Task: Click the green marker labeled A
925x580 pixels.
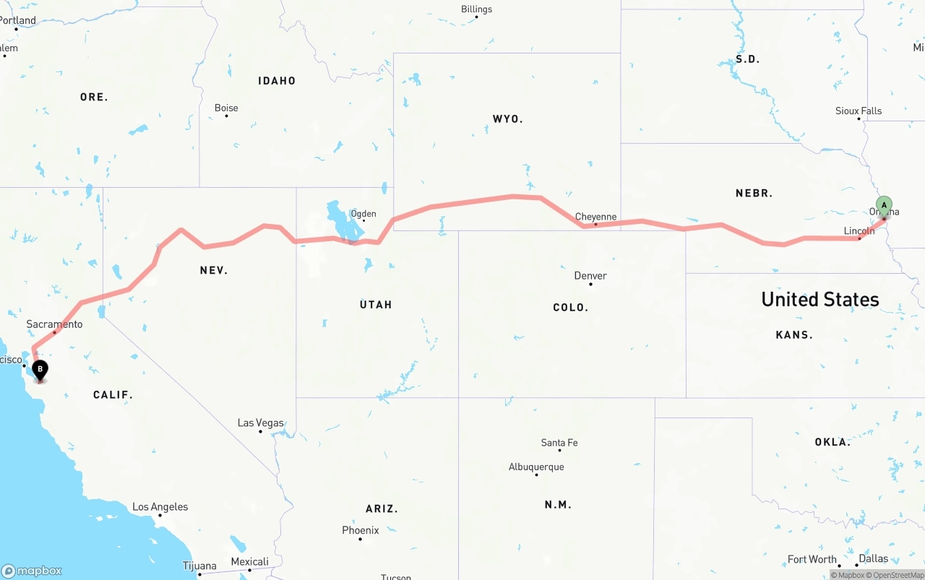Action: [x=884, y=205]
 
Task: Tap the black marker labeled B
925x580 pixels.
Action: [x=40, y=370]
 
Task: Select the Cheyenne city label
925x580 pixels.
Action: [x=595, y=217]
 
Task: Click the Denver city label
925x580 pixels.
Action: [x=590, y=275]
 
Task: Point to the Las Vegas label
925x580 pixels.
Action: [x=260, y=423]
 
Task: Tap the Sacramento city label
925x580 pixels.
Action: [x=54, y=324]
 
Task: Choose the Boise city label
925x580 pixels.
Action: [x=226, y=108]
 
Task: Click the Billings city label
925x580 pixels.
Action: [x=476, y=9]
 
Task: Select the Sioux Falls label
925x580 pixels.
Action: [x=859, y=111]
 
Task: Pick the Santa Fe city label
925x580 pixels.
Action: [x=559, y=443]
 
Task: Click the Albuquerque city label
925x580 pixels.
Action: [x=536, y=467]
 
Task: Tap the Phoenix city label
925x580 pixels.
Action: [x=360, y=530]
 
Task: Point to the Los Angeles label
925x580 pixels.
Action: [x=160, y=507]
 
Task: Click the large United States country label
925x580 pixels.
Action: [x=819, y=299]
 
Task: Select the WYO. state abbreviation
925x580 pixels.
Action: [x=507, y=118]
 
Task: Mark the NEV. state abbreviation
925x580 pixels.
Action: [x=214, y=270]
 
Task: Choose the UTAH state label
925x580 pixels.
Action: [x=376, y=305]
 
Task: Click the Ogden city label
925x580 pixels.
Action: [x=363, y=214]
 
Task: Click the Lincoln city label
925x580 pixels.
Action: [x=859, y=231]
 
